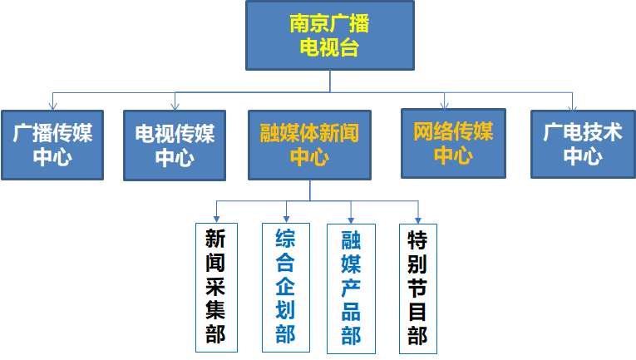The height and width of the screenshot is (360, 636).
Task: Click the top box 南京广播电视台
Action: pyautogui.click(x=329, y=36)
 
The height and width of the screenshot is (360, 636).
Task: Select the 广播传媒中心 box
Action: pyautogui.click(x=52, y=145)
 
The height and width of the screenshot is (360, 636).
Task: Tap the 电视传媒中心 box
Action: pyautogui.click(x=175, y=145)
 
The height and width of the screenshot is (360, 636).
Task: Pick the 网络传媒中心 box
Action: pyautogui.click(x=453, y=143)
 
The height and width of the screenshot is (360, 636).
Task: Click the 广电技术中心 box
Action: pyautogui.click(x=582, y=144)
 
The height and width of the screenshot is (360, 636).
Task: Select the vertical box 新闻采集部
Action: pyautogui.click(x=215, y=288)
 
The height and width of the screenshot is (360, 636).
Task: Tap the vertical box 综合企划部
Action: pyautogui.click(x=285, y=287)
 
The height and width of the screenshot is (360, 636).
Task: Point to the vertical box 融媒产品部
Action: pyautogui.click(x=351, y=288)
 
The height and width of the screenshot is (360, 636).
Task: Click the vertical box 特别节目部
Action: pyautogui.click(x=417, y=288)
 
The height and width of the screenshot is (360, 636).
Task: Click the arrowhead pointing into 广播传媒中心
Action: pyautogui.click(x=52, y=106)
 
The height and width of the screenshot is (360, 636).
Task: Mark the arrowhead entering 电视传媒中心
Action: pyautogui.click(x=175, y=106)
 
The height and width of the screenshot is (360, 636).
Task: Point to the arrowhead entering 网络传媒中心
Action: pyautogui.click(x=445, y=104)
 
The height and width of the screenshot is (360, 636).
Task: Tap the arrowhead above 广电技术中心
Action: pyautogui.click(x=573, y=106)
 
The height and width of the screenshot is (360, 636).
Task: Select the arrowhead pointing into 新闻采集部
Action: pyautogui.click(x=217, y=218)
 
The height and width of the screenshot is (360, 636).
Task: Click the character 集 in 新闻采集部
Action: pyautogui.click(x=215, y=311)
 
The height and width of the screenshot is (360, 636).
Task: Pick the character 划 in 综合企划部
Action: pyautogui.click(x=285, y=311)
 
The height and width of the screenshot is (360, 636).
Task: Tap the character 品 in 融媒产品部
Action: pyautogui.click(x=351, y=312)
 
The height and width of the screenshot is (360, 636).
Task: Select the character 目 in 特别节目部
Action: pyautogui.click(x=417, y=312)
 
